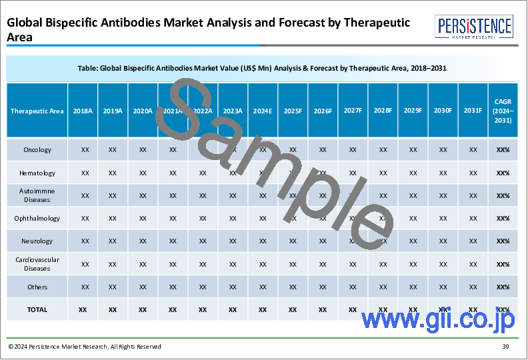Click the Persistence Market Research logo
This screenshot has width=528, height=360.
click(x=475, y=30)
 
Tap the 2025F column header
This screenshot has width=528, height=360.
click(x=293, y=111)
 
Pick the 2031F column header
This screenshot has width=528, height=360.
click(x=473, y=111)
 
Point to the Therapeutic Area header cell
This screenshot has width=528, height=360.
click(x=37, y=111)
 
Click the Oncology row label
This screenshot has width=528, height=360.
click(x=37, y=150)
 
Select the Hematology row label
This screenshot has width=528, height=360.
click(x=37, y=173)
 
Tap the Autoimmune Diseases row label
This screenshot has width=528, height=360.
click(x=37, y=195)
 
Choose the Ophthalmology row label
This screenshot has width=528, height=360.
click(x=37, y=218)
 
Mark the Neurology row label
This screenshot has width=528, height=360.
click(x=37, y=241)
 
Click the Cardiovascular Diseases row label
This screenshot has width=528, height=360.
click(x=37, y=264)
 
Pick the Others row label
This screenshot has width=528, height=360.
click(x=37, y=287)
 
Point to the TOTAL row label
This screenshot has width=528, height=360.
click(x=37, y=309)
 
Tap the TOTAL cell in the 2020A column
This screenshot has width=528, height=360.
click(x=143, y=309)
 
